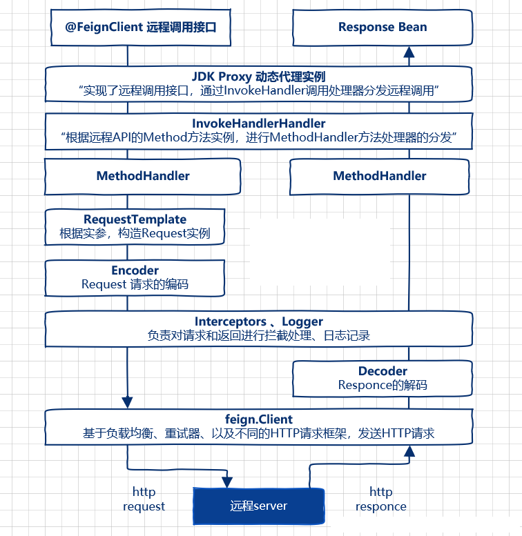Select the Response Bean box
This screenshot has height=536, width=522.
[x=383, y=28]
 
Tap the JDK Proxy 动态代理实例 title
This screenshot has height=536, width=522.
[x=259, y=76]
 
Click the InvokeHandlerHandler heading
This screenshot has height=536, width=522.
[x=259, y=123]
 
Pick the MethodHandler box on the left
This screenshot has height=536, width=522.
[x=143, y=176]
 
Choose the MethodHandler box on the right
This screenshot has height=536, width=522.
[x=379, y=176]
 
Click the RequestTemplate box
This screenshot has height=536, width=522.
[x=135, y=227]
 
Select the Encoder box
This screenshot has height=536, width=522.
[x=135, y=277]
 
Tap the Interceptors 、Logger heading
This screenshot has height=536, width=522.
[x=259, y=321]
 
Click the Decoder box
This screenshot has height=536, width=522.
[x=383, y=378]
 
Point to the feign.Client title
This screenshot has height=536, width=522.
[x=259, y=419]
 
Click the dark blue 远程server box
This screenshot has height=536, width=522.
[x=258, y=506]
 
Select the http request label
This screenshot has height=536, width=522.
[x=144, y=499]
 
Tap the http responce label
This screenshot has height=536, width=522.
[x=380, y=499]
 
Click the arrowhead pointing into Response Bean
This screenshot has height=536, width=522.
[x=409, y=52]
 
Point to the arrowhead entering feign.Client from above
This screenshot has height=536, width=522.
[x=127, y=401]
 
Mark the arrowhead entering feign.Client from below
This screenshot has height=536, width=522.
[x=409, y=451]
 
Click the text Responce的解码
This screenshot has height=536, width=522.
[x=383, y=385]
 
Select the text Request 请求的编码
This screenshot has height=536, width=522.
[x=135, y=284]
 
